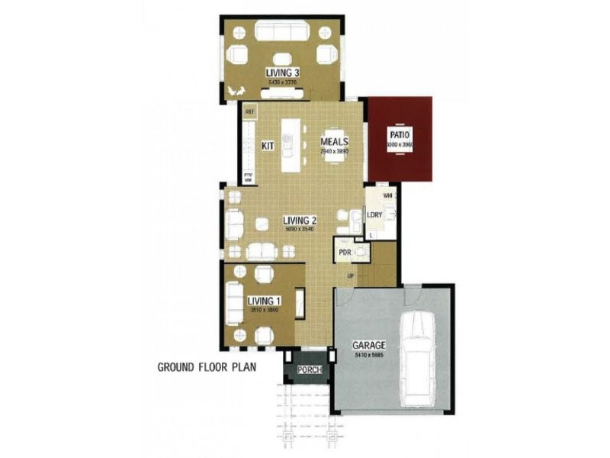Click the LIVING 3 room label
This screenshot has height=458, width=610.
[282, 73]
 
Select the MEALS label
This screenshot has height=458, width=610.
[334, 142]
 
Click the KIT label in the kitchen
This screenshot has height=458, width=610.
[268, 145]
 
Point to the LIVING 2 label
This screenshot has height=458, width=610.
[278, 221]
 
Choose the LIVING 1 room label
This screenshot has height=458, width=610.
[264, 302]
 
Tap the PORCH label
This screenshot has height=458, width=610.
[310, 372]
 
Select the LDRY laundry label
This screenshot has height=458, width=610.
[374, 215]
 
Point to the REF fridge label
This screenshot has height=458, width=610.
[249, 111]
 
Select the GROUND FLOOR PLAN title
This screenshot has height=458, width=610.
[206, 366]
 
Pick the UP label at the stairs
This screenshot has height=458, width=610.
[350, 276]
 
